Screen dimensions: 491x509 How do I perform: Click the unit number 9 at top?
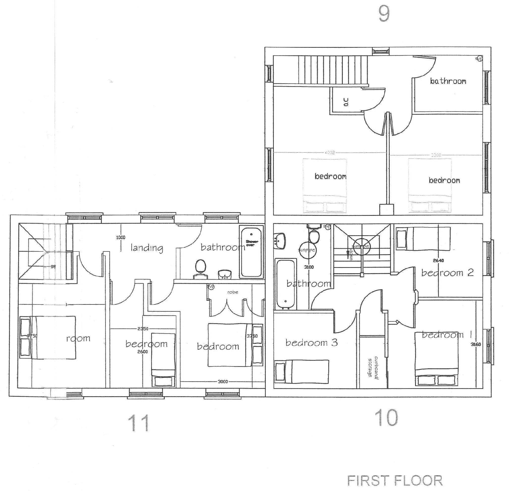[x=384, y=14]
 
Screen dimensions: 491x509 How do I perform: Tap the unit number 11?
[x=139, y=423]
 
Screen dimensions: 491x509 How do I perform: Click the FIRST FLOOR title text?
[x=395, y=481]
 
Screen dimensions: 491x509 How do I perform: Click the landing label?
[x=147, y=248]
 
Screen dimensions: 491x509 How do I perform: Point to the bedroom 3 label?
[x=311, y=343]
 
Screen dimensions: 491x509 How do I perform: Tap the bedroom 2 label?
[x=447, y=273]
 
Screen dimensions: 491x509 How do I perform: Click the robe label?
[x=233, y=292]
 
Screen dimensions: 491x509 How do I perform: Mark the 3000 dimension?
[x=223, y=382]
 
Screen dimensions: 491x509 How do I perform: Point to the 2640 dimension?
[x=438, y=260]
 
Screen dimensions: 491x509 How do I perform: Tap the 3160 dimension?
[x=476, y=344]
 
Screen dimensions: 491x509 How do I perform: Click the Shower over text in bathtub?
[x=252, y=243]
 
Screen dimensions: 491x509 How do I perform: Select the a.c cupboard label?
[x=346, y=102]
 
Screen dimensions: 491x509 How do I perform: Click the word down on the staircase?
[x=351, y=254]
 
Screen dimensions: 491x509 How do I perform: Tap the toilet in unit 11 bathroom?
[x=200, y=267]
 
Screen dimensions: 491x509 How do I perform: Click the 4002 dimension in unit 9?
[x=330, y=153]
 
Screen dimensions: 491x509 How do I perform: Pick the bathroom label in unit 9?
[x=448, y=81]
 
